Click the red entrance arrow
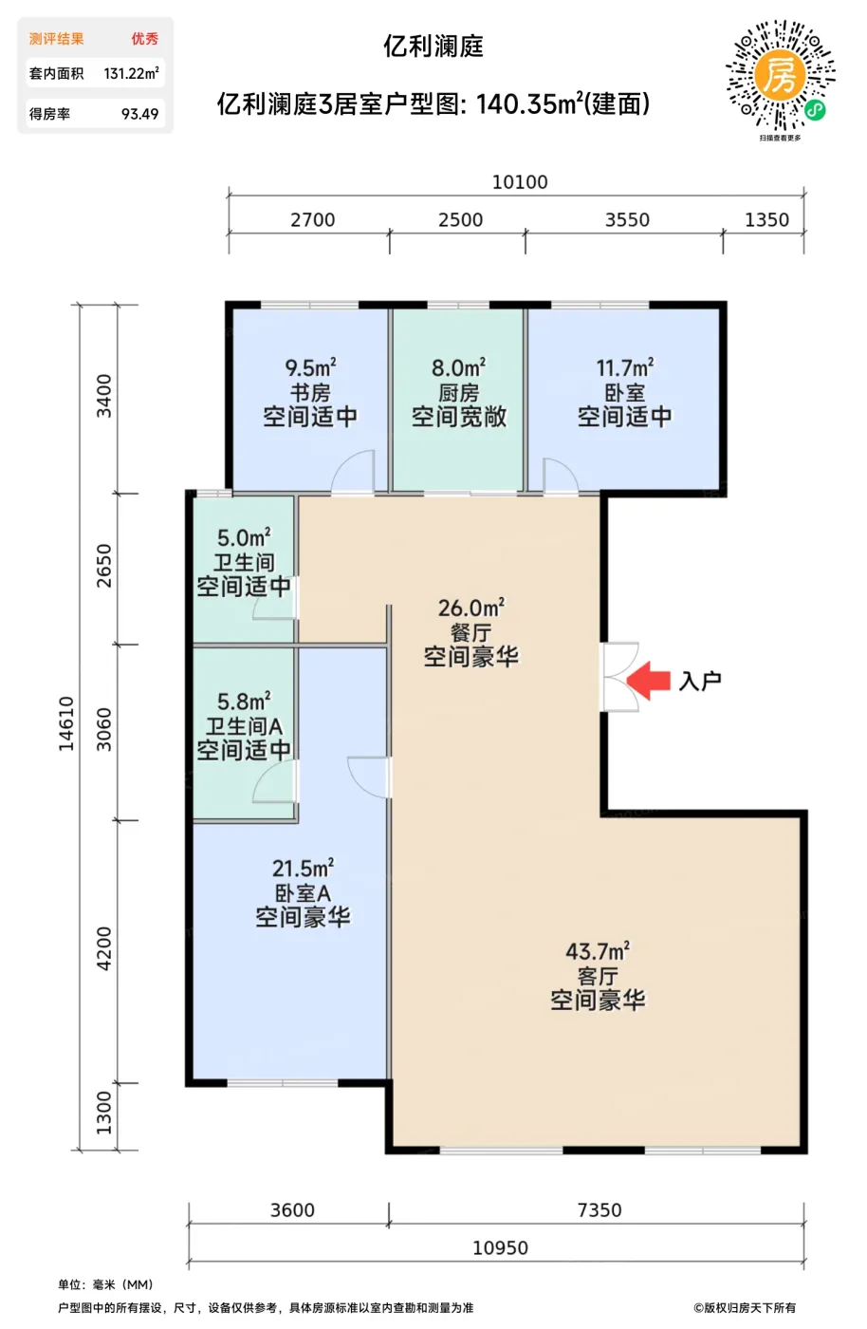(x=648, y=680)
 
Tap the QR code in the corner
(x=781, y=75)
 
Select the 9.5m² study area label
(x=311, y=368)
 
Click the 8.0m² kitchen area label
(x=458, y=368)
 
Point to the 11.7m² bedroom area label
(x=625, y=368)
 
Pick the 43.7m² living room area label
(x=598, y=951)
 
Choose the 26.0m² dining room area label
(x=471, y=608)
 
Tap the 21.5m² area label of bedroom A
(x=303, y=868)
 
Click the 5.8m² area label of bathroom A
(x=244, y=702)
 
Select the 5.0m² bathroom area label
(x=244, y=537)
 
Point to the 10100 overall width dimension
(x=520, y=182)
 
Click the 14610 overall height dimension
(x=66, y=723)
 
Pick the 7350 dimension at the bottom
(x=600, y=1209)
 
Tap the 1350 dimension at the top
(x=766, y=220)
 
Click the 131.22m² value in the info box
(x=131, y=74)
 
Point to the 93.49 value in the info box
(x=140, y=114)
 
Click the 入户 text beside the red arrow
(x=700, y=682)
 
